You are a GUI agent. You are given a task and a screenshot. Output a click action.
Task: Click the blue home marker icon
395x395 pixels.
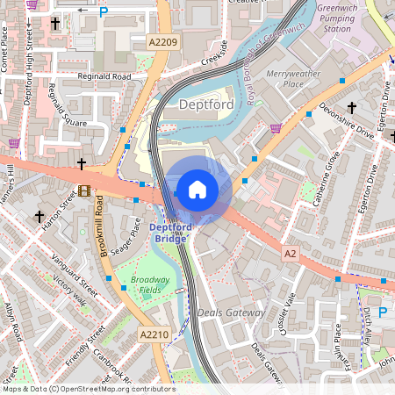coord(197,189)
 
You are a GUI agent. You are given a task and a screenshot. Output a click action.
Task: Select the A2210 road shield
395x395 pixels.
coord(153,334)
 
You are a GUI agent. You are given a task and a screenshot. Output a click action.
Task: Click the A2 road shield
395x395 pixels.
coord(290,253)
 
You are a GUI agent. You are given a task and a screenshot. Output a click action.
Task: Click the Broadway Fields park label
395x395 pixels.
coord(150,284)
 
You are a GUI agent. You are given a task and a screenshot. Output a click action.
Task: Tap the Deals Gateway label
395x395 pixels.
coord(231,312)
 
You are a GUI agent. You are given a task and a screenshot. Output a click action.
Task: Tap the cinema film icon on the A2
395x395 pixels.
coord(84,190)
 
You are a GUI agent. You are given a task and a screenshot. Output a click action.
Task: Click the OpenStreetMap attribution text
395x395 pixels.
coord(89,388)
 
